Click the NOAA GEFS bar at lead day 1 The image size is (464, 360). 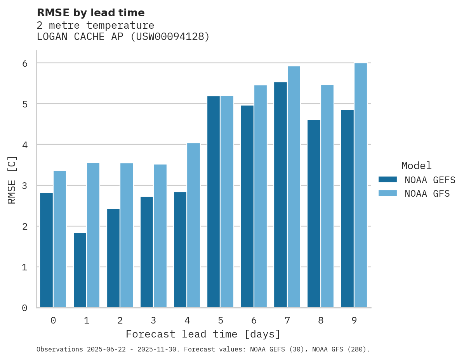tap(80, 270)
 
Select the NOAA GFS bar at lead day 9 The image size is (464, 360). tap(361, 185)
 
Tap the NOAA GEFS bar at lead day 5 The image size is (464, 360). tap(214, 202)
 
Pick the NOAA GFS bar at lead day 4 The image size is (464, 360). tap(193, 225)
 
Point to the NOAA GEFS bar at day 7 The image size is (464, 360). tap(280, 195)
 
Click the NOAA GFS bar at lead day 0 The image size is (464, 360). tap(60, 239)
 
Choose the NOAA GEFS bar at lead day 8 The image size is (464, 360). tap(314, 214)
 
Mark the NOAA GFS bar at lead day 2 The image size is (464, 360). tap(127, 235)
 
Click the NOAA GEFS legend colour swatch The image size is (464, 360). tap(388, 180)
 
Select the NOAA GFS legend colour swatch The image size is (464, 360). tap(388, 194)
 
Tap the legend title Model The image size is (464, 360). tap(416, 166)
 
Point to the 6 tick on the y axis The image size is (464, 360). tap(24, 63)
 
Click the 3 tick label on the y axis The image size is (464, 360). tap(24, 186)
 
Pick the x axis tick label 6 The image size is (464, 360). tap(254, 320)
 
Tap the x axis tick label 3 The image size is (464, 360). tap(153, 320)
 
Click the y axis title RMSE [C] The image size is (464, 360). tap(12, 180)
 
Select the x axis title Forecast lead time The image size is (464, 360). tap(203, 334)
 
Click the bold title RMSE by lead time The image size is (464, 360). tap(90, 13)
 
